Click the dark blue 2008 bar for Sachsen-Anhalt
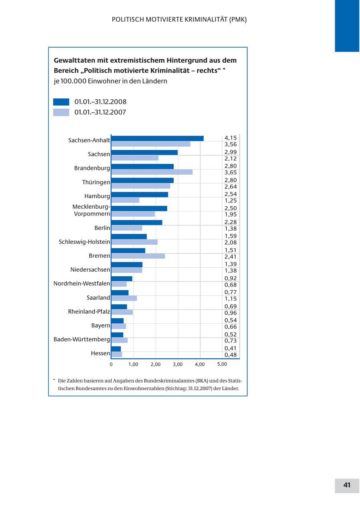tap(157, 138)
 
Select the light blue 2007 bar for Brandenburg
tap(152, 172)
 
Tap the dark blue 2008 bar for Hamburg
tap(140, 194)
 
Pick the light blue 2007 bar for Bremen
tap(138, 256)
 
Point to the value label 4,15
tap(230, 138)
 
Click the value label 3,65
tap(230, 173)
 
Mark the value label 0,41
tap(230, 349)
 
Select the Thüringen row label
tap(96, 182)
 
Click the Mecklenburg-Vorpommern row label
tap(91, 210)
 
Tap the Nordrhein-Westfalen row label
tap(82, 284)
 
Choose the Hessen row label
tap(100, 353)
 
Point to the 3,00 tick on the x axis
tap(178, 365)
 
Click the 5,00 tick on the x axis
tap(222, 364)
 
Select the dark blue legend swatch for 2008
tap(61, 102)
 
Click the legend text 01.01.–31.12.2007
tap(100, 112)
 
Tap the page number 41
tap(347, 485)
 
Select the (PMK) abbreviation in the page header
tap(238, 20)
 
